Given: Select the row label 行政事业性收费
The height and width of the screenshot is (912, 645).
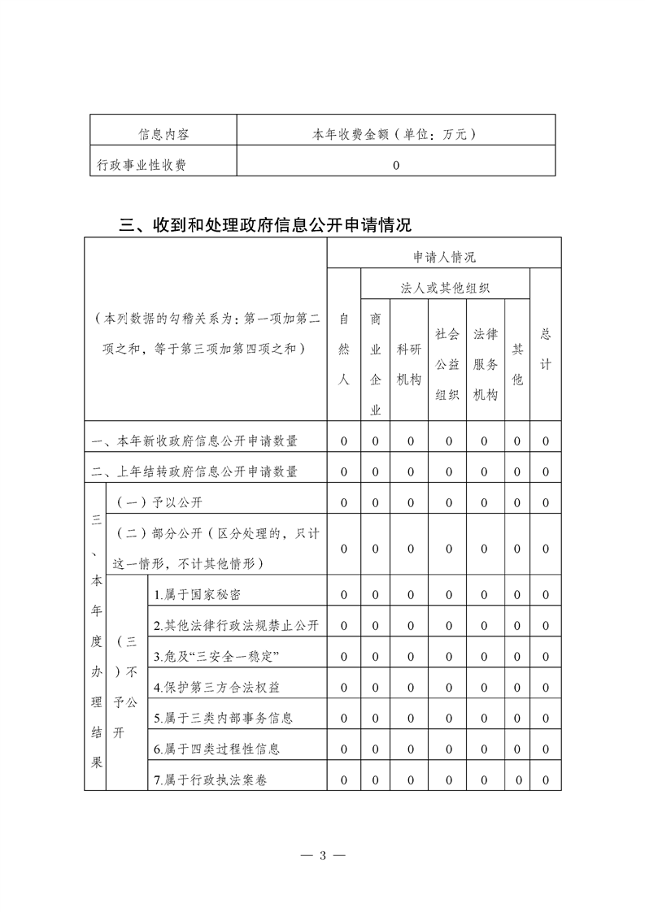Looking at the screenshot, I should coord(142,165).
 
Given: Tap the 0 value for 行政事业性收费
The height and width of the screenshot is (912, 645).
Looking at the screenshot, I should coord(396,165).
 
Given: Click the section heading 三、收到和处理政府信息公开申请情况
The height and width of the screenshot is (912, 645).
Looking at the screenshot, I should coord(265,224).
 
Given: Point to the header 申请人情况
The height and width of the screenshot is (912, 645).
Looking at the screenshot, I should coord(443,257).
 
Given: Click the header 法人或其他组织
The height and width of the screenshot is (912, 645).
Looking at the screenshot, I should coord(445,288).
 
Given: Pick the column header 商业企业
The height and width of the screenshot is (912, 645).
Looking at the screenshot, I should coord(376,363).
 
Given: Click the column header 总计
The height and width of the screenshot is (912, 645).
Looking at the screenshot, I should coord(546,350).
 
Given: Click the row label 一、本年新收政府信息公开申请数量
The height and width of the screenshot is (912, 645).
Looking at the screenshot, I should coord(195,441).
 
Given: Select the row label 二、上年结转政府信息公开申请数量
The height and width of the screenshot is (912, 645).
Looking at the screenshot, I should coord(195,471).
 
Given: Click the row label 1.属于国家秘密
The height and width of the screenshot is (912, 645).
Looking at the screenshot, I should coord(198,595).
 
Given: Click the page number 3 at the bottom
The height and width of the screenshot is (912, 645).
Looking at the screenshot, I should coord(323,855).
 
